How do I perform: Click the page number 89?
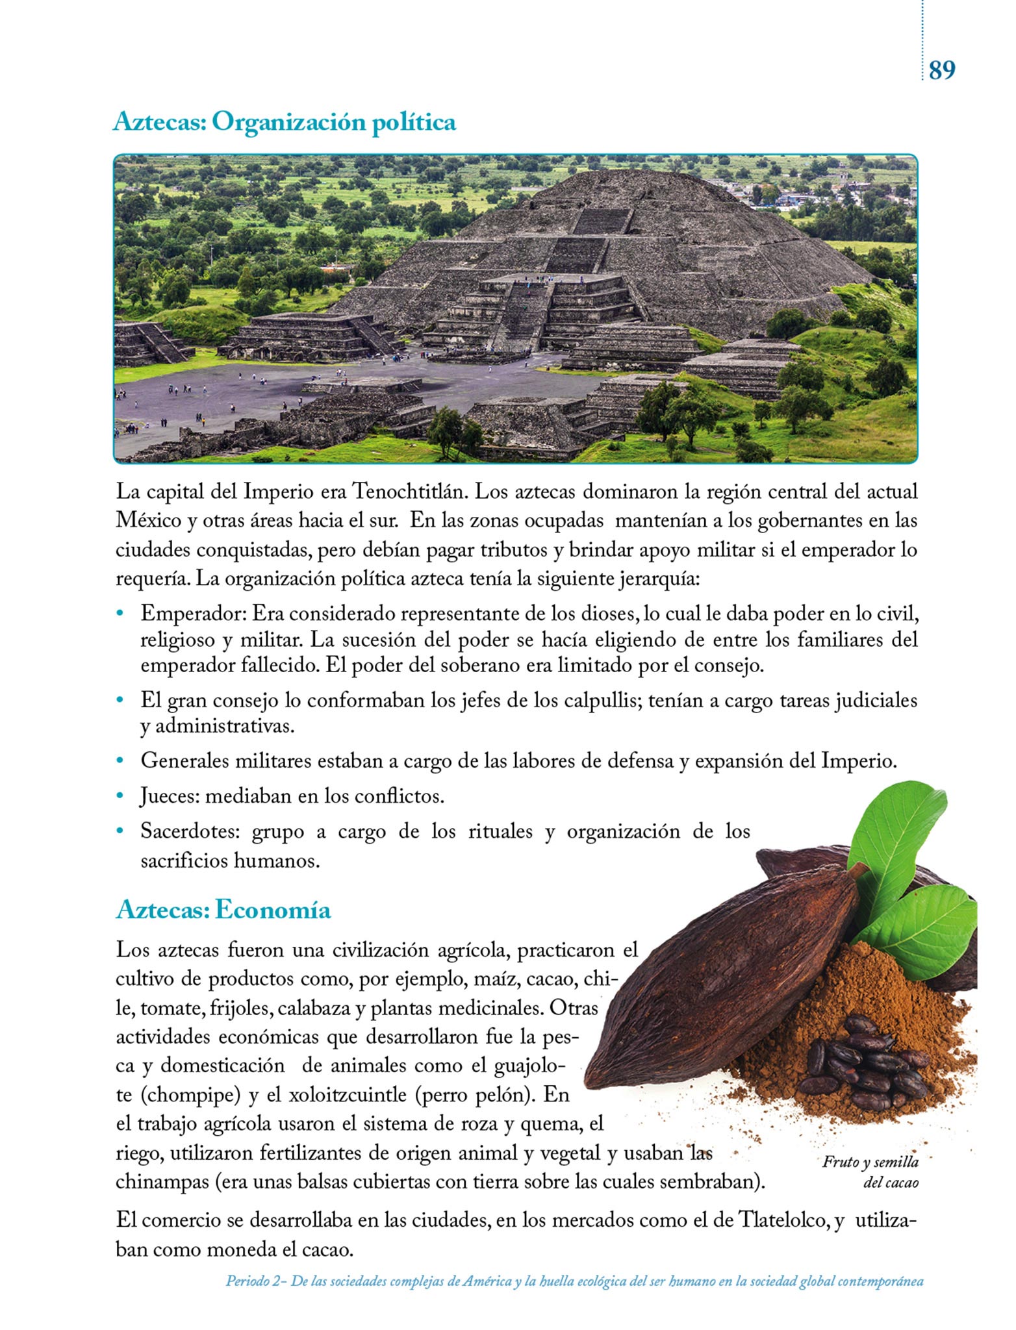pyautogui.click(x=942, y=69)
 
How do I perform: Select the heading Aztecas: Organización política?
pyautogui.click(x=284, y=121)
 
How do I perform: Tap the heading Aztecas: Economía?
pyautogui.click(x=223, y=910)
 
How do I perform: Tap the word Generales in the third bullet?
pyautogui.click(x=184, y=760)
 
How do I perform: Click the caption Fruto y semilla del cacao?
pyautogui.click(x=870, y=1172)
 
